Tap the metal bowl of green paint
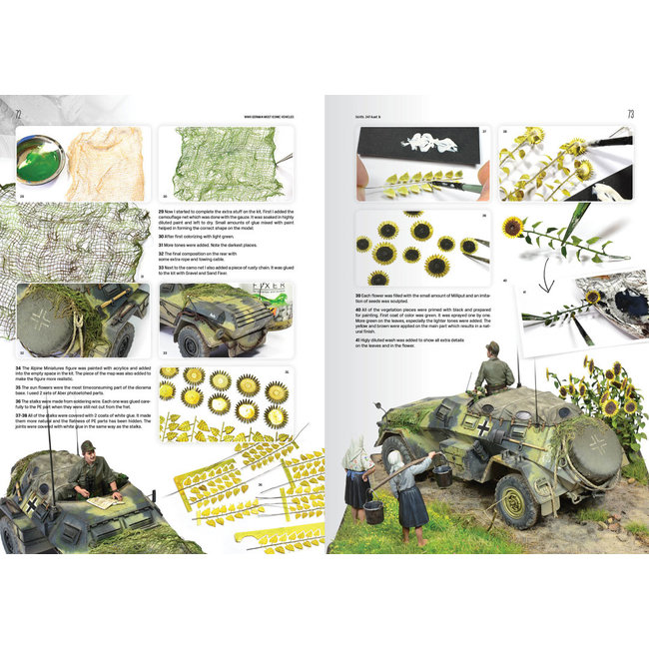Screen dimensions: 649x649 (41, 159)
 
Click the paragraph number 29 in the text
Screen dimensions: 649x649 (161, 212)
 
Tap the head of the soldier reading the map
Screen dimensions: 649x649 (87, 448)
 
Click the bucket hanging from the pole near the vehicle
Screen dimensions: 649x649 (440, 474)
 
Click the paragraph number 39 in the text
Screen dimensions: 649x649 (356, 297)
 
